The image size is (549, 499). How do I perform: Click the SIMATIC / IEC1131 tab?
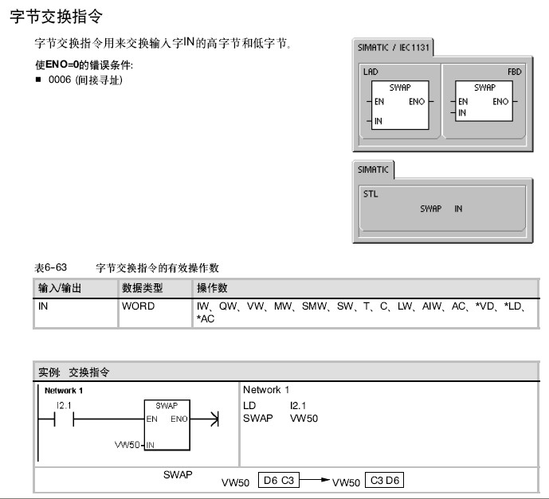(394, 47)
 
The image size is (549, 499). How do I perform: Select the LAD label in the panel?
(370, 72)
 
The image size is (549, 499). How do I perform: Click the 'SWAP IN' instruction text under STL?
(441, 209)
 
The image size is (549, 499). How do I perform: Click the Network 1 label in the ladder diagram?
(63, 391)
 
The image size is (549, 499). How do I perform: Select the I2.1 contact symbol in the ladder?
(60, 419)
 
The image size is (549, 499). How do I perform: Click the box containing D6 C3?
(277, 481)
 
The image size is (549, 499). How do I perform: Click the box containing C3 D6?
(384, 481)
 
